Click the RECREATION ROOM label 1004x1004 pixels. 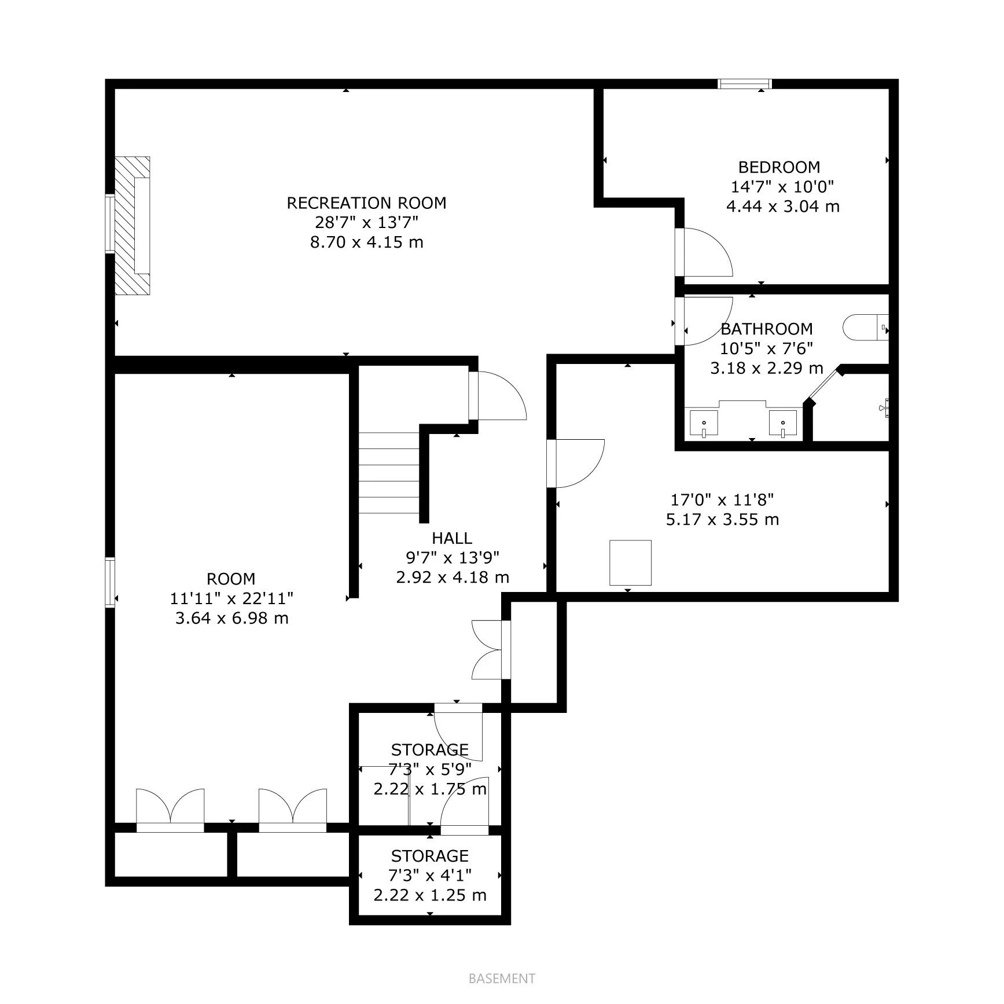366,203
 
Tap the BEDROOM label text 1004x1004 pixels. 779,167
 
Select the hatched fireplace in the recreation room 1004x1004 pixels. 132,226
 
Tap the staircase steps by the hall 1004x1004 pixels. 389,473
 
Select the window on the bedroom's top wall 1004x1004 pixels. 745,84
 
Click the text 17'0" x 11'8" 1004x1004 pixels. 722,499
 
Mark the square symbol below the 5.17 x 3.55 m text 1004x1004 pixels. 630,563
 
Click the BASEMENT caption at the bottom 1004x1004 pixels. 502,979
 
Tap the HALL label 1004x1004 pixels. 452,538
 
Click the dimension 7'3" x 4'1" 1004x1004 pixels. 430,875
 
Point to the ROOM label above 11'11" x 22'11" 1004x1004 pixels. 231,579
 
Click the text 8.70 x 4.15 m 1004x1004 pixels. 366,242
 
